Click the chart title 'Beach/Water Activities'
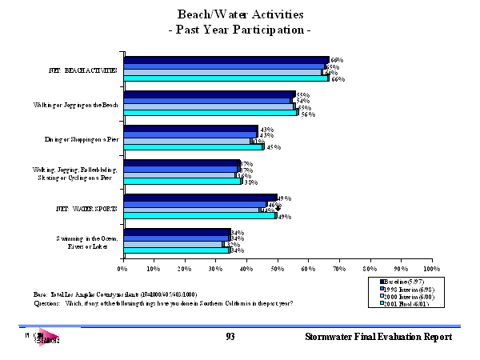[241, 15]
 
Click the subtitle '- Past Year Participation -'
[241, 30]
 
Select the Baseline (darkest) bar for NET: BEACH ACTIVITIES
[226, 59]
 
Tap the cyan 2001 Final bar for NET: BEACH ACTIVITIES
[226, 78]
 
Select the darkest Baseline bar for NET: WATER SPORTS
[201, 197]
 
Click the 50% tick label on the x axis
[278, 270]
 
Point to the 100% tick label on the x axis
[431, 270]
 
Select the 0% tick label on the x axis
[123, 270]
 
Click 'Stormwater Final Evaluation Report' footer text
[378, 338]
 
